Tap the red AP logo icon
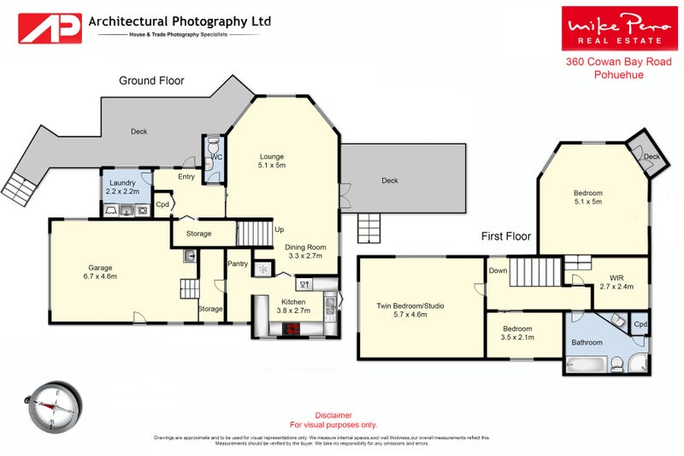point(50,27)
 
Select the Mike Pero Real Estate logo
point(614,28)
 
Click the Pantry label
point(237,264)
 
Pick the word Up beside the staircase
point(279,229)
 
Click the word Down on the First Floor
point(498,271)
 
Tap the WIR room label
point(616,277)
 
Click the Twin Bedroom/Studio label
point(410,305)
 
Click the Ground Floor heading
point(151,80)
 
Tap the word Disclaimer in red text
point(333,415)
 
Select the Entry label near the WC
point(186,177)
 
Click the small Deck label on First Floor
point(652,157)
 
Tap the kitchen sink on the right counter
point(328,301)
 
